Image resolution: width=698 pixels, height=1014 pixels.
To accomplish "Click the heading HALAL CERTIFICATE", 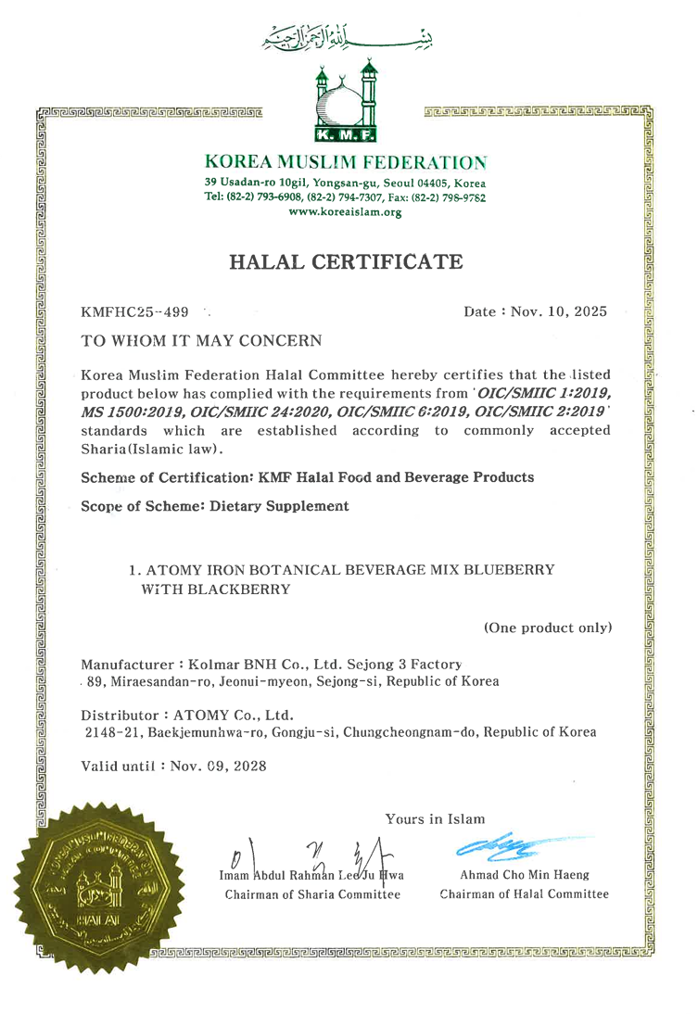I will tap(347, 262).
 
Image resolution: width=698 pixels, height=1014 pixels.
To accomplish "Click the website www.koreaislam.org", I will tap(346, 212).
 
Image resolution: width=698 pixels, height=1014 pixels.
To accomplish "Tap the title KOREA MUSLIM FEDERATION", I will tap(347, 162).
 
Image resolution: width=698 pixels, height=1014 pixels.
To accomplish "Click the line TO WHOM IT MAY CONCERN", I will tap(202, 341).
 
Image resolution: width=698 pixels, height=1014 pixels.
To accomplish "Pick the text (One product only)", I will tap(548, 627).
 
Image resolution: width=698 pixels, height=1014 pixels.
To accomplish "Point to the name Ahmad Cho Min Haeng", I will tap(524, 876).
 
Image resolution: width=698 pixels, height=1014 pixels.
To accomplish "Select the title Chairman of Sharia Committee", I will tap(313, 894).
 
